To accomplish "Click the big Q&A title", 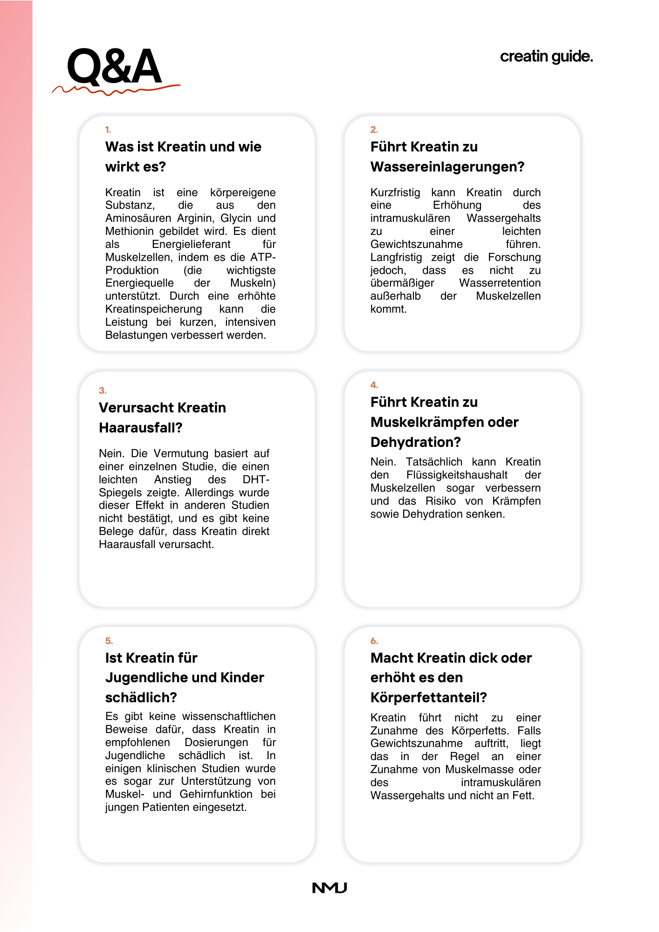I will pos(114,66).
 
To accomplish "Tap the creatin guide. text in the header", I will pos(546,56).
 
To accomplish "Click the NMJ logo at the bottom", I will pos(329,888).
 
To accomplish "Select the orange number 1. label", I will pos(108,130).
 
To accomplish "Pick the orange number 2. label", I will pos(374,130).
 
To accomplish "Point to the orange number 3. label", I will pos(103,391).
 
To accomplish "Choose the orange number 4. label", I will pos(374,385).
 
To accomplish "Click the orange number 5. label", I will pos(109,641).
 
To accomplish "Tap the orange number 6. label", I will pos(374,641).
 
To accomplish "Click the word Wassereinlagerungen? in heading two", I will pos(447,166).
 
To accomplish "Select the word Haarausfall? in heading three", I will pos(141,427).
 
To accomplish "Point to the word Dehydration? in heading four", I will pos(416,442).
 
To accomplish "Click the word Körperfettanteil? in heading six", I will pos(429,697).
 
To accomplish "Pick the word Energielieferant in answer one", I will pos(191,244).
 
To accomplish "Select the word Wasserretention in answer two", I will pos(500,283).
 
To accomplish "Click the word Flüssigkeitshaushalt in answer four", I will pos(457,475).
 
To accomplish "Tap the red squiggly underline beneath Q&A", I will pos(116,90).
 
